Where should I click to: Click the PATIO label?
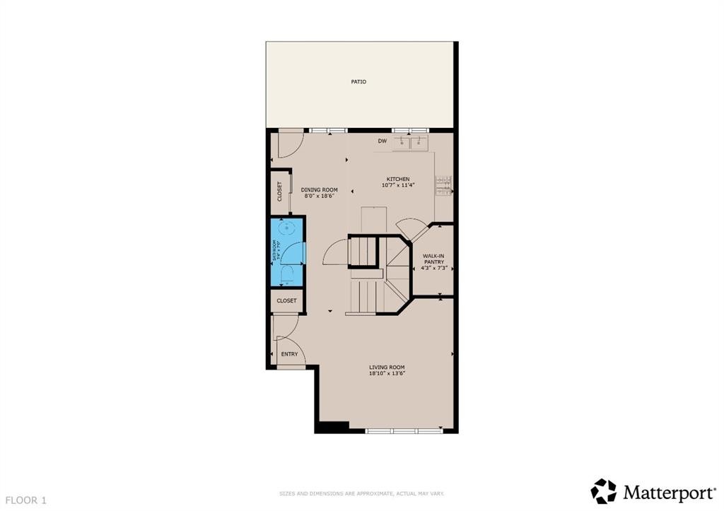click(x=358, y=82)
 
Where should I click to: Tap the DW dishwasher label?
click(x=382, y=141)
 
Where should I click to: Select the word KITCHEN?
click(x=397, y=179)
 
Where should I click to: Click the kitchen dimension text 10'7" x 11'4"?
click(x=397, y=185)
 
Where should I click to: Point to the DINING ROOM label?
click(x=319, y=189)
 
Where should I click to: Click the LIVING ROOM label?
click(x=387, y=368)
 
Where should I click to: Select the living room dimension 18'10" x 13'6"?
click(x=387, y=374)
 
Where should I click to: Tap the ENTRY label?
click(x=289, y=354)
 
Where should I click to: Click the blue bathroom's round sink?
click(x=286, y=228)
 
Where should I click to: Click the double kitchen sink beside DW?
click(x=411, y=142)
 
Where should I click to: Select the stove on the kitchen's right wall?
click(x=444, y=185)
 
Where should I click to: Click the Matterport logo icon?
click(x=604, y=491)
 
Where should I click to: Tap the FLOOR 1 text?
click(x=24, y=500)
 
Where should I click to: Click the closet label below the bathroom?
click(x=286, y=300)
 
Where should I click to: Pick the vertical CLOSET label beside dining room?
click(x=279, y=192)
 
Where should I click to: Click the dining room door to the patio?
click(x=288, y=143)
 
